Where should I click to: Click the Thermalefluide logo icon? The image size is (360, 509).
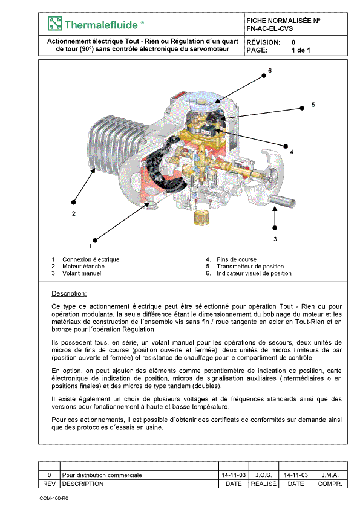[54, 24]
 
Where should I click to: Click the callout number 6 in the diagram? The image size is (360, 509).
[270, 71]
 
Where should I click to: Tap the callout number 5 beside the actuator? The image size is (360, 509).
[313, 105]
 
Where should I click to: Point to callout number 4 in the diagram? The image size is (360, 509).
[292, 152]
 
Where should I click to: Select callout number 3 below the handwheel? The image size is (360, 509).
[275, 239]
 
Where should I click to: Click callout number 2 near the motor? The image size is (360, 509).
[74, 213]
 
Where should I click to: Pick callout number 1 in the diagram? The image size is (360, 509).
[90, 246]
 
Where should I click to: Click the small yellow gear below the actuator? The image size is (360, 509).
[201, 218]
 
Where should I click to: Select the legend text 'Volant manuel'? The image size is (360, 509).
[82, 273]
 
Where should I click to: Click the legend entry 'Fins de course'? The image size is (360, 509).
[237, 259]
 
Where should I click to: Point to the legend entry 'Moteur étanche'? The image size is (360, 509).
[83, 266]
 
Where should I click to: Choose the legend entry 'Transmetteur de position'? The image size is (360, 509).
[250, 266]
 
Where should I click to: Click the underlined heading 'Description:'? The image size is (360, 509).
[69, 293]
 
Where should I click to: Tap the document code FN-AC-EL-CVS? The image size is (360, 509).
[270, 28]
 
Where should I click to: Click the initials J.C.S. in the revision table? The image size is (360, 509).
[264, 475]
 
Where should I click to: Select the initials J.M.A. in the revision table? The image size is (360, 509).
[330, 475]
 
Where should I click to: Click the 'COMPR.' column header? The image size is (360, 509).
[330, 484]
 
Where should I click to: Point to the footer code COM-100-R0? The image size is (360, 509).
[54, 498]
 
